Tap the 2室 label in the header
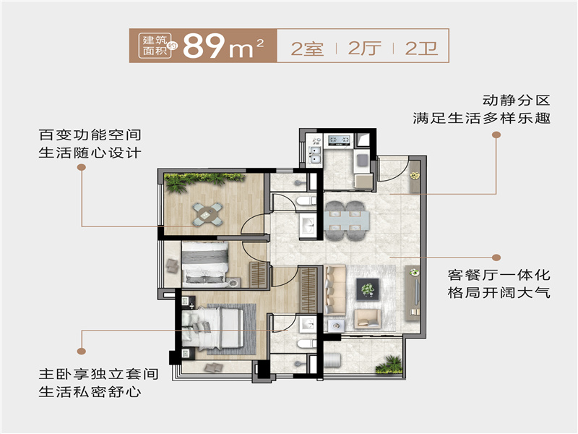tap(306, 48)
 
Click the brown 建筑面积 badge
tap(154, 46)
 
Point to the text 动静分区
tap(516, 99)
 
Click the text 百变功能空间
tap(90, 135)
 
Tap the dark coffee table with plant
tap(368, 290)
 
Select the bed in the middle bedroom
tap(205, 263)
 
